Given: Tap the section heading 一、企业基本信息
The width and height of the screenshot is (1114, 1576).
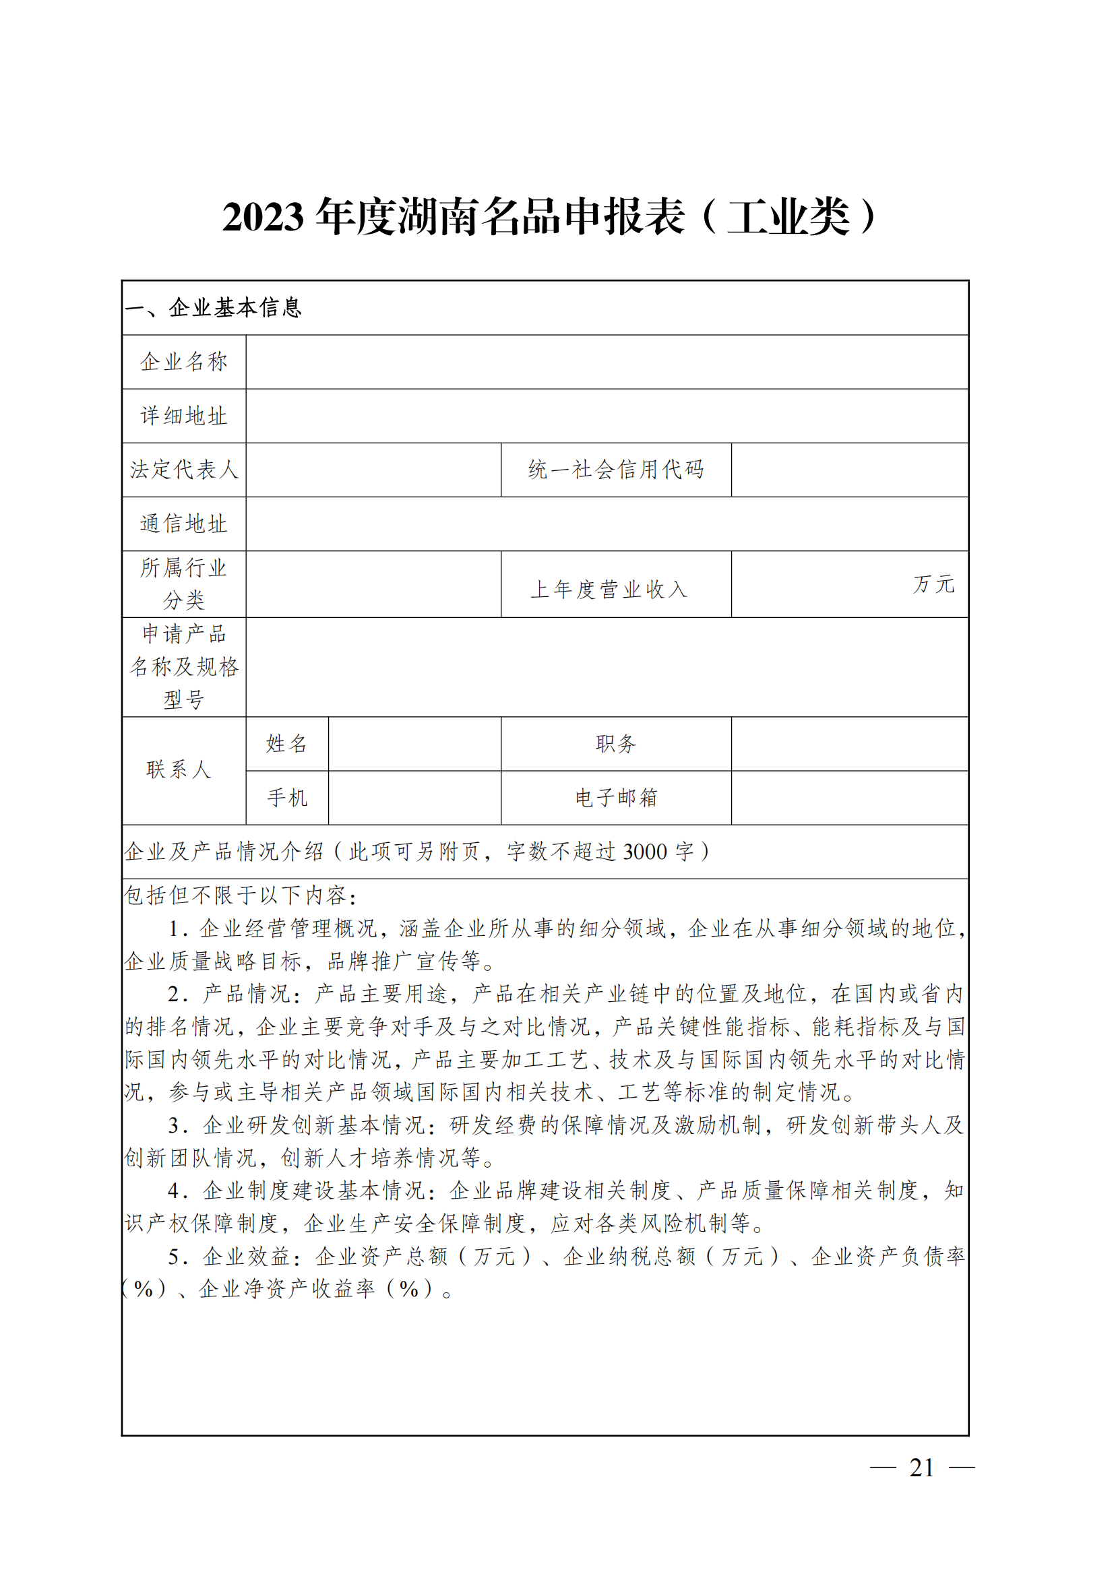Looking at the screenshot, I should pos(214,307).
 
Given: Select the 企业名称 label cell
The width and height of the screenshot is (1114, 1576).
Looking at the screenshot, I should pos(184,362).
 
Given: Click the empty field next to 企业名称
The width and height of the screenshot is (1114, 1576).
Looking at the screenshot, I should pos(607,362).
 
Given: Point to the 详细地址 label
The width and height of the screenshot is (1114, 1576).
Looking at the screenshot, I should pos(184,416).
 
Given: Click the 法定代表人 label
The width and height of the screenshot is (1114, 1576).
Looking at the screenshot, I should pos(184,470).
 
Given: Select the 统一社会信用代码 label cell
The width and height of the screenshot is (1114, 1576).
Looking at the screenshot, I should pos(616,470).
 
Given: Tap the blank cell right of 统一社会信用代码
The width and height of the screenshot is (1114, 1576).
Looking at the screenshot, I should pos(849,470).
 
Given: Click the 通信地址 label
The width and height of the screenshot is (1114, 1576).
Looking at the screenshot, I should pos(184,524).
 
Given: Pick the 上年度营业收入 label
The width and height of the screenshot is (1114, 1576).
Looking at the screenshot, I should pos(609,589).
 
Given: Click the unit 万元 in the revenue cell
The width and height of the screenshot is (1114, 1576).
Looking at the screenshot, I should pos(933,584).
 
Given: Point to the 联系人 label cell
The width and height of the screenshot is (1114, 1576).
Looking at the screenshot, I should pos(179,769).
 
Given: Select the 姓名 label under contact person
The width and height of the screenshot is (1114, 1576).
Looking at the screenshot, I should pos(287,743).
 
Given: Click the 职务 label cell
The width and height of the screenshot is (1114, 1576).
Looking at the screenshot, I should pos(616,743).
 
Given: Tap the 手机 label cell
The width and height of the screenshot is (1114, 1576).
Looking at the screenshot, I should pos(287,798).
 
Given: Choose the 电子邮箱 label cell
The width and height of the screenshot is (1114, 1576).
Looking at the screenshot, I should pos(616,798).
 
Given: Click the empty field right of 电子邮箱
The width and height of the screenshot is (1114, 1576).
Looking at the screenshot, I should pos(849,798).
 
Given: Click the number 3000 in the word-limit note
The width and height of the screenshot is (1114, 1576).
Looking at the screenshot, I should pos(644,852).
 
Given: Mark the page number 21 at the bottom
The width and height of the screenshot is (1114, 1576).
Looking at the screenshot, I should pos(921,1468).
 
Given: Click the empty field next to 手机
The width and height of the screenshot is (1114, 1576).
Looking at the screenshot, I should pos(414,798).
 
